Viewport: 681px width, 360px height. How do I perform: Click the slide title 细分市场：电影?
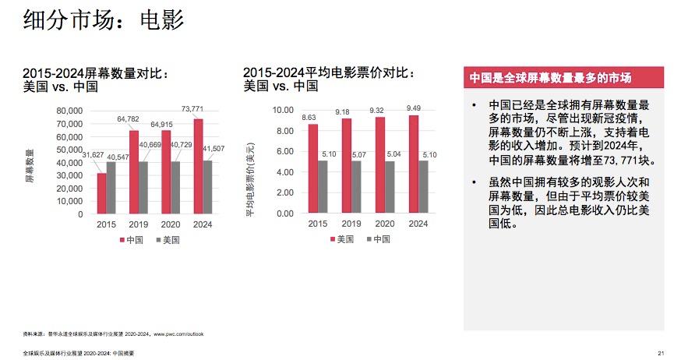click(104, 20)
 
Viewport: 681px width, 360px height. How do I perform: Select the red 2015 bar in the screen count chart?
click(101, 192)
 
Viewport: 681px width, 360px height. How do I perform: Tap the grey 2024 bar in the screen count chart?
click(208, 186)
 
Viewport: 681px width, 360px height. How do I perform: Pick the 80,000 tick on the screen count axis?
click(69, 110)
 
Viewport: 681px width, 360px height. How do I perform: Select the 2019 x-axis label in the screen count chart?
click(139, 224)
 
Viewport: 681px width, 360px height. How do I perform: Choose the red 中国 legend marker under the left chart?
click(122, 241)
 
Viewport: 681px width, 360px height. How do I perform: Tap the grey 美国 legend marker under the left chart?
click(155, 241)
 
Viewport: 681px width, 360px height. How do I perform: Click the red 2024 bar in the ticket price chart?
click(413, 164)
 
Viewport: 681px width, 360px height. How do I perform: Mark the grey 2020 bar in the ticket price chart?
click(390, 187)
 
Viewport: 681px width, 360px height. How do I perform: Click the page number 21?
click(661, 353)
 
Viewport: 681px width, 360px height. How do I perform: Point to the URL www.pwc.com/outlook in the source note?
click(178, 334)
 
